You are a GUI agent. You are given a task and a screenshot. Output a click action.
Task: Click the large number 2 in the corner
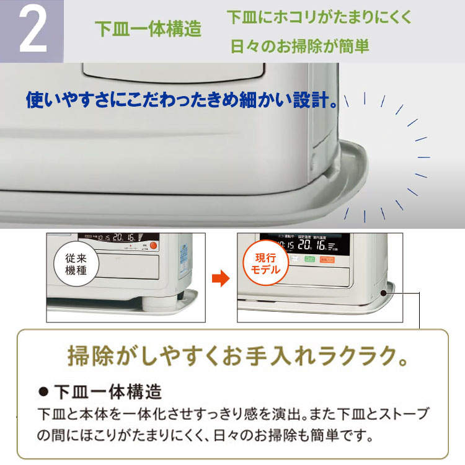(x=32, y=31)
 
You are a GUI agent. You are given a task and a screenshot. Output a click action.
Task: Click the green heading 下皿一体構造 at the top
(x=148, y=30)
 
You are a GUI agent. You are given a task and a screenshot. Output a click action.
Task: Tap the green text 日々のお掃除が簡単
(x=299, y=46)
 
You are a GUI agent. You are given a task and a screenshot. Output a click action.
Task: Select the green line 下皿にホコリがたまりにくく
(x=319, y=17)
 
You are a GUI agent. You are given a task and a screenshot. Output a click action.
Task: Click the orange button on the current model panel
(x=322, y=260)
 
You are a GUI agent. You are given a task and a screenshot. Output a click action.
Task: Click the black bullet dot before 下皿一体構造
(x=43, y=392)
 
